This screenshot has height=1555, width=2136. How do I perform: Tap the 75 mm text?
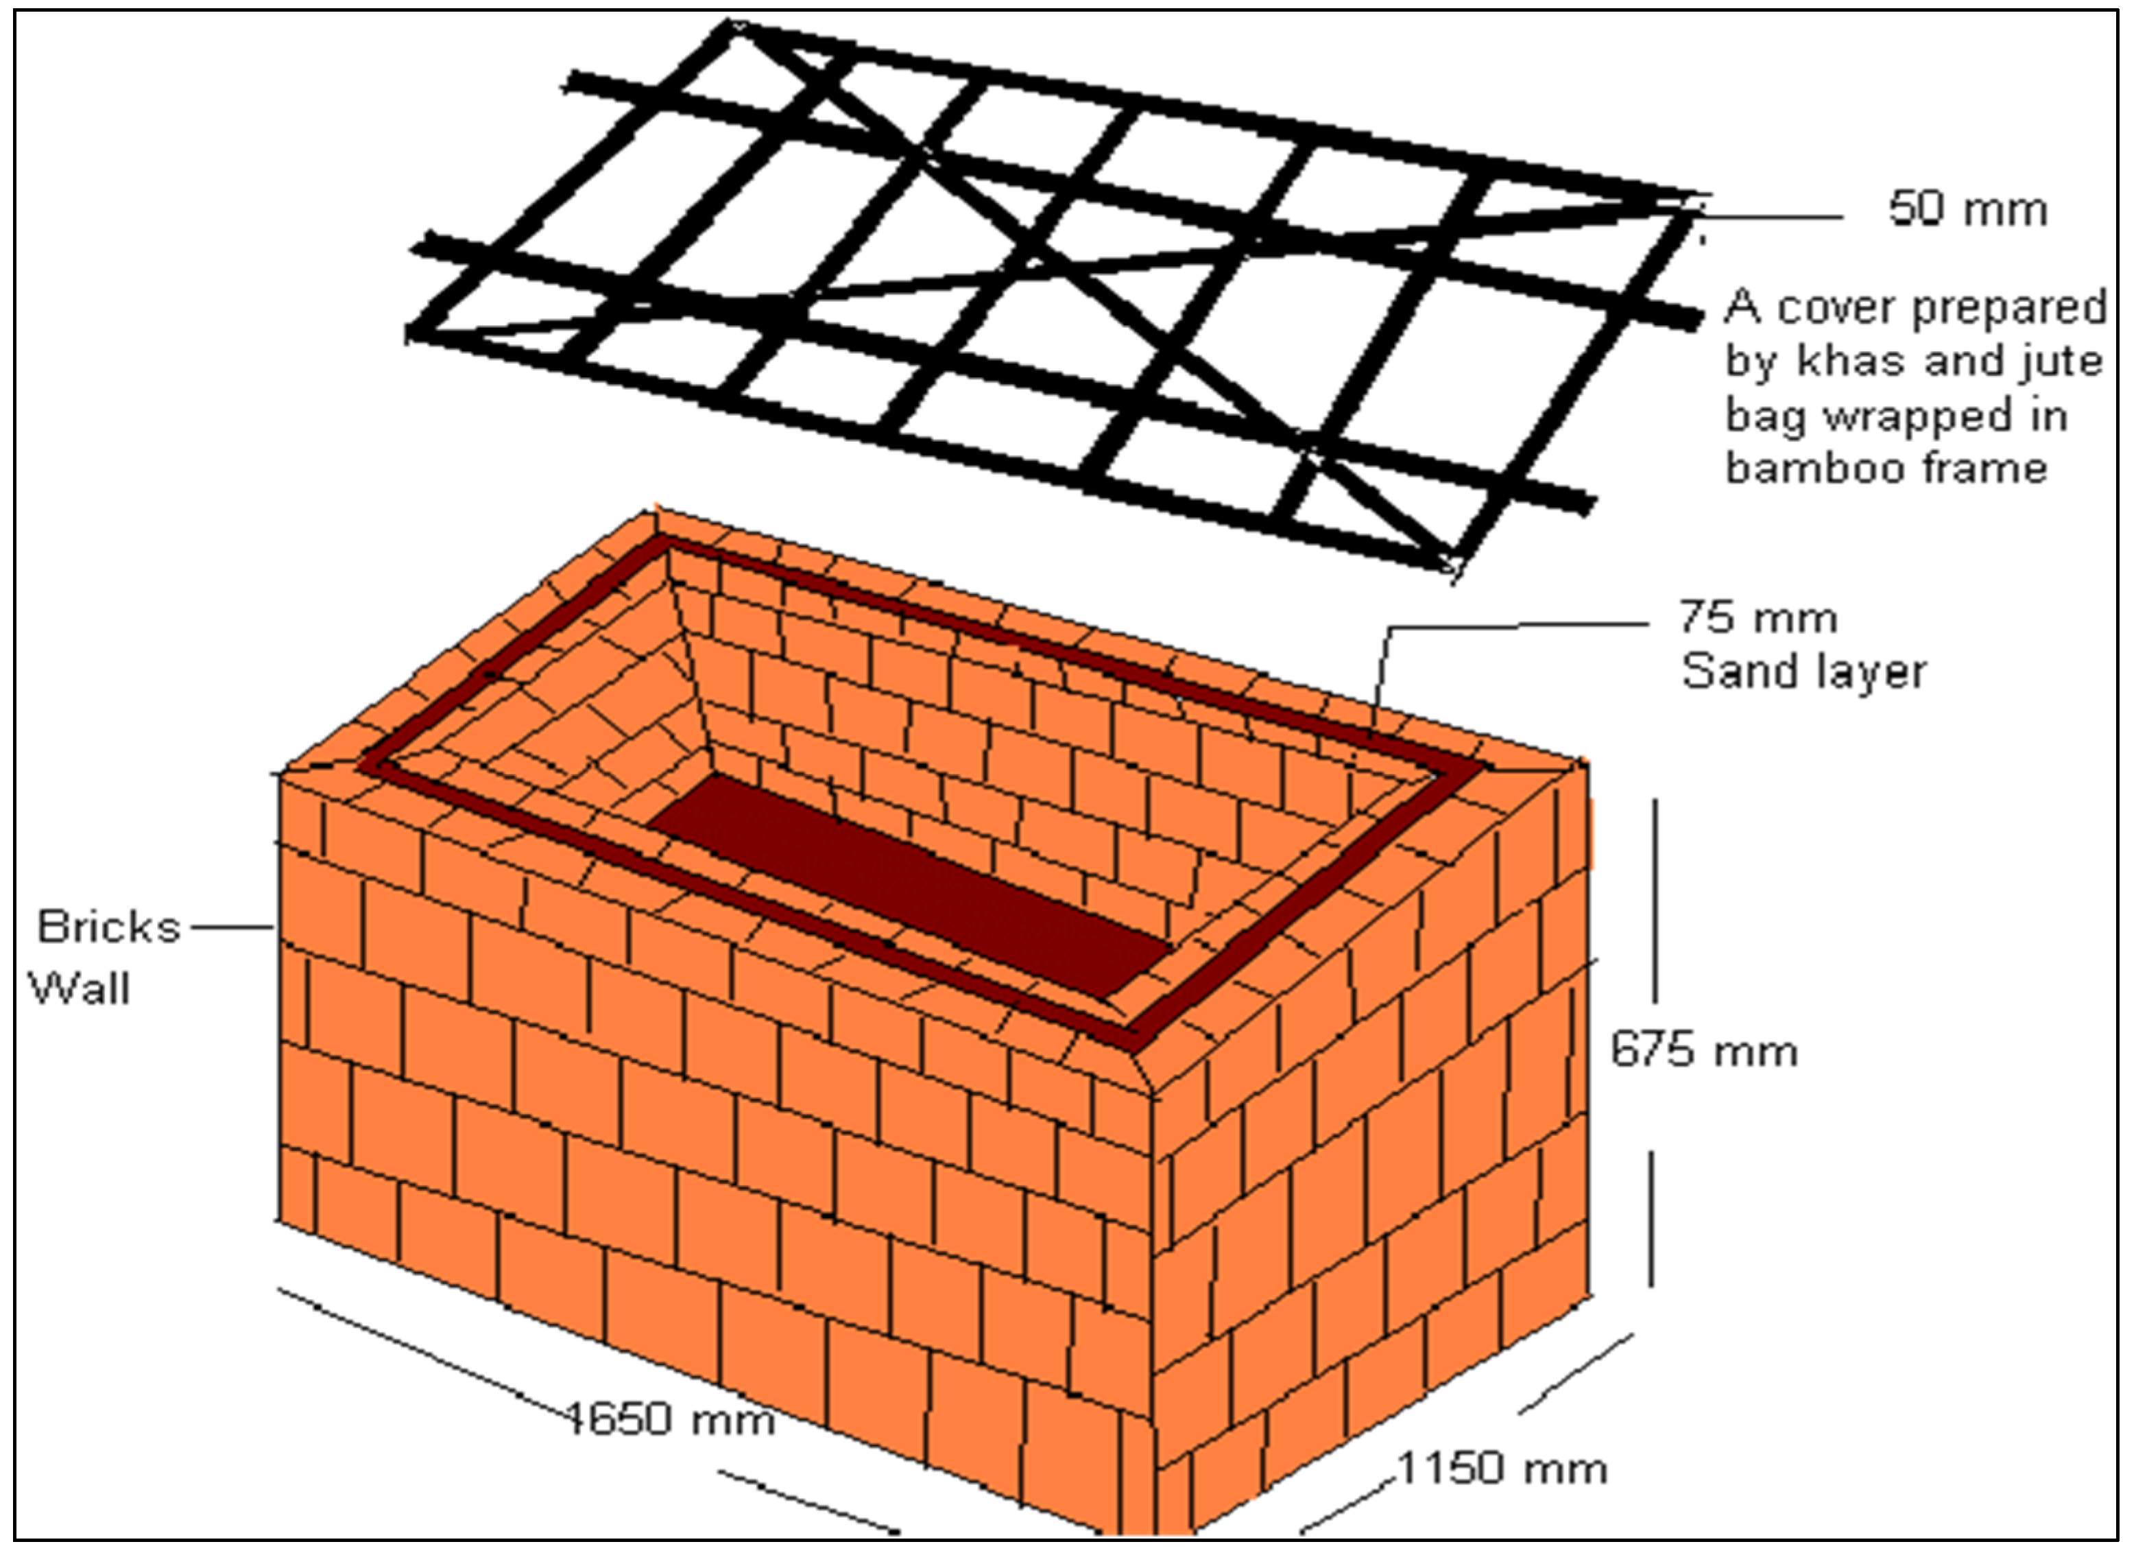click(1758, 619)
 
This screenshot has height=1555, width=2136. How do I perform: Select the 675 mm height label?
click(1703, 1049)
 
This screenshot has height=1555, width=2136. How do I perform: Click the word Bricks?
click(108, 928)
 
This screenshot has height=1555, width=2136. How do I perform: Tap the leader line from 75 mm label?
click(1516, 624)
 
